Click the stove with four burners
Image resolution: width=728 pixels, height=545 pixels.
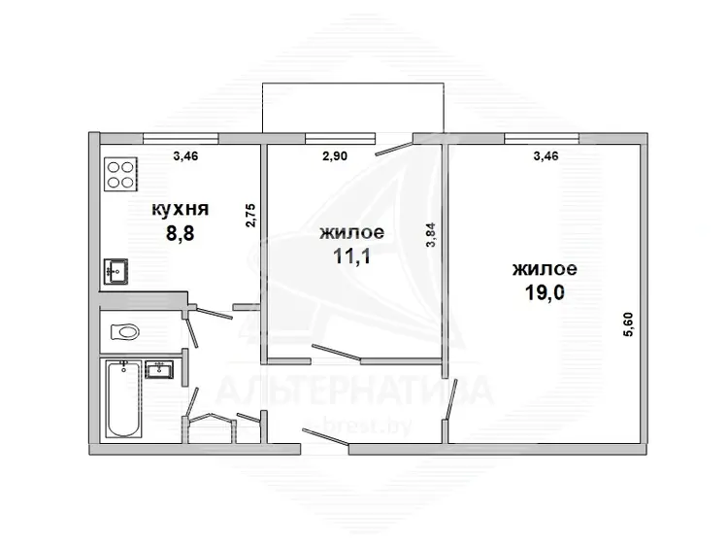point(120,174)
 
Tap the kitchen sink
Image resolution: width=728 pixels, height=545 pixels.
point(116,271)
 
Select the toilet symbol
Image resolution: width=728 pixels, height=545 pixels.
point(125,331)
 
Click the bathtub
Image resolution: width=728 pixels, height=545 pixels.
point(123,398)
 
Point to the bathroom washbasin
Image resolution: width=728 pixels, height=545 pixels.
point(159,370)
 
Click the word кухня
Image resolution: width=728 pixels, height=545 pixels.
point(181,210)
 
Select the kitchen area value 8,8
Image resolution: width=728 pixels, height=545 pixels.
point(181,233)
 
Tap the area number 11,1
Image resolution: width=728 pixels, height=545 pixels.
point(352,256)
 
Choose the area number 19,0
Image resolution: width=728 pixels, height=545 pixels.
point(545,292)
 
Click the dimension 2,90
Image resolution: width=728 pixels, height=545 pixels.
point(335,156)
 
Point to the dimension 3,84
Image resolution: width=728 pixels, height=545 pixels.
point(431,235)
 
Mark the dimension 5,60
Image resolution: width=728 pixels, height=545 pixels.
point(630,324)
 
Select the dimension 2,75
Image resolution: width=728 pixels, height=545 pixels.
point(250,215)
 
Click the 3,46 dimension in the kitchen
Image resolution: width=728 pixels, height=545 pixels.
point(185,156)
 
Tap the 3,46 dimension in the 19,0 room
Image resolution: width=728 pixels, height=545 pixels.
point(546,156)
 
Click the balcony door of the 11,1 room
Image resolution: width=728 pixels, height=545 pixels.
point(394,145)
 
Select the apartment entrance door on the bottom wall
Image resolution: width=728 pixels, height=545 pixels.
point(325,439)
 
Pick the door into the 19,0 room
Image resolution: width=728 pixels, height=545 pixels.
point(450,400)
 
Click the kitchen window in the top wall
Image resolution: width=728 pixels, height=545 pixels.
point(181,137)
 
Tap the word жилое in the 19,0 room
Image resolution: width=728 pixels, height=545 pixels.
point(545,269)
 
